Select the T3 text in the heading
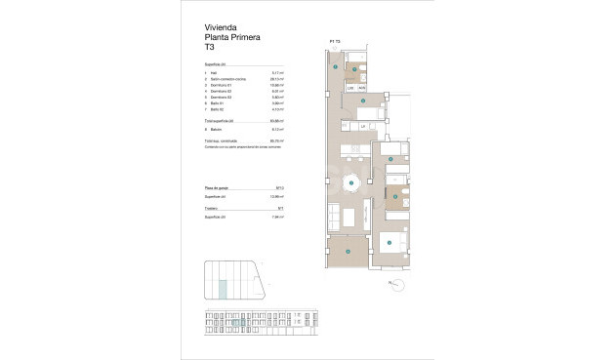pos(209,47)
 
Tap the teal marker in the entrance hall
pos(336,67)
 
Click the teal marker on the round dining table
pos(352,182)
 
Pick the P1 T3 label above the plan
pos(335,41)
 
